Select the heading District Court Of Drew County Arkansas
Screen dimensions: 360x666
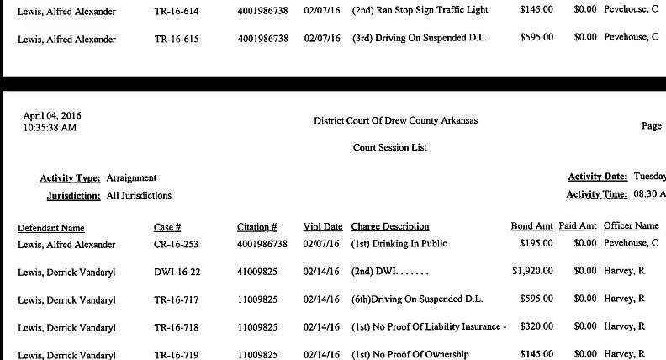(395, 121)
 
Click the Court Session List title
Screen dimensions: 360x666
(389, 148)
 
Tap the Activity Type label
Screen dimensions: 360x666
(71, 178)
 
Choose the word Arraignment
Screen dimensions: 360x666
(131, 178)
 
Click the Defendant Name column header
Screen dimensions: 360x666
(51, 227)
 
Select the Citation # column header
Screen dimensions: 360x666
(256, 227)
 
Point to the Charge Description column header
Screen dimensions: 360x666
(390, 227)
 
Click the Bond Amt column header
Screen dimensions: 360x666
(531, 227)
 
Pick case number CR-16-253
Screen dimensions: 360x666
(177, 244)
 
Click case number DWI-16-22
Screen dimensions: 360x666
(177, 272)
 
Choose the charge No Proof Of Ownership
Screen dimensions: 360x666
(410, 354)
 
